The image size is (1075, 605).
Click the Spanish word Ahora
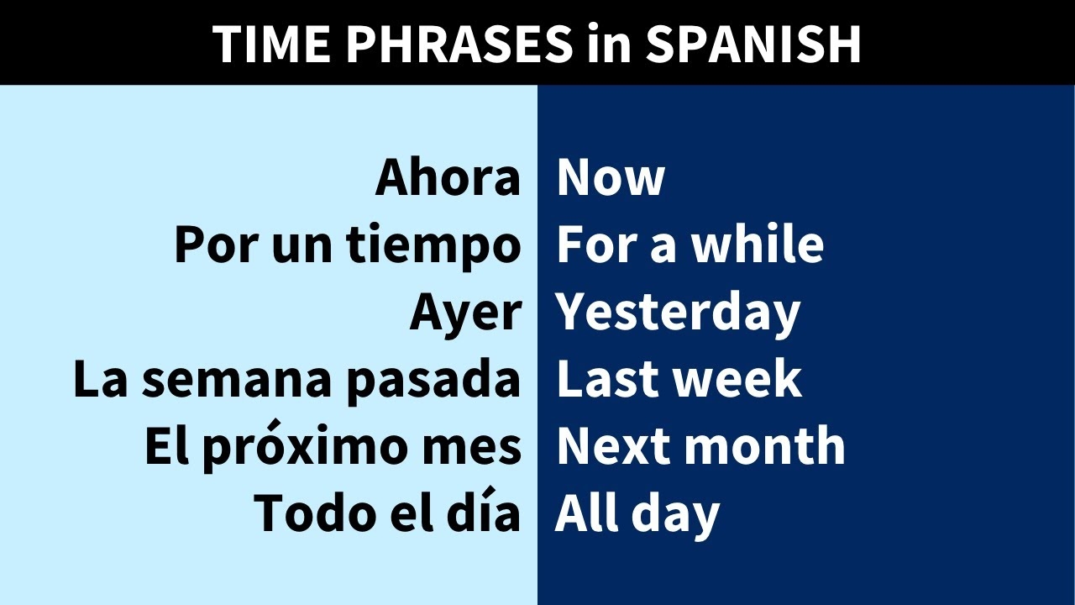coord(448,178)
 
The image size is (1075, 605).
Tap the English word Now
coord(611,178)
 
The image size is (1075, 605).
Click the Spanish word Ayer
coord(465,313)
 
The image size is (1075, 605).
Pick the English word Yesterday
coord(678,313)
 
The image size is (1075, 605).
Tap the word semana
coord(238,380)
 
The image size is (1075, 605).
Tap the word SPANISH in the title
coord(752,44)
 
